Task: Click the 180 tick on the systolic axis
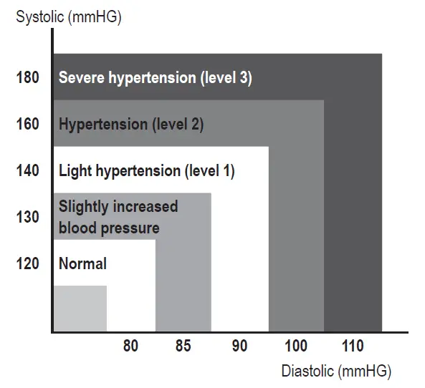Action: click(x=27, y=78)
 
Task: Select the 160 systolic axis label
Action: click(x=27, y=125)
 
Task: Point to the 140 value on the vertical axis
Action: click(x=27, y=171)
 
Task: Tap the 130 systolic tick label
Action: click(x=27, y=217)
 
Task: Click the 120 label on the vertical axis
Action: click(x=27, y=263)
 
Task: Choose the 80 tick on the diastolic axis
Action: click(x=130, y=347)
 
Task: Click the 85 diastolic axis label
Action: click(x=183, y=347)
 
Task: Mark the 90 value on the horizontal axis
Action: click(x=239, y=347)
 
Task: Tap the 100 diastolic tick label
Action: click(x=296, y=347)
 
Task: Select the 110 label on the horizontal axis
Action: click(x=352, y=347)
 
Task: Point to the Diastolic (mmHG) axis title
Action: click(x=336, y=372)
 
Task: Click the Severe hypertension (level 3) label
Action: click(x=155, y=78)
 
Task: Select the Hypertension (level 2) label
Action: click(x=131, y=125)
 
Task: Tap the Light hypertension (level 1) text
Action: click(x=146, y=171)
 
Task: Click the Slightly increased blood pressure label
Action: click(x=118, y=218)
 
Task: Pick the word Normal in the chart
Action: click(x=82, y=263)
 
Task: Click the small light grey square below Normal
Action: click(x=80, y=309)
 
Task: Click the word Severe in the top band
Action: click(x=81, y=78)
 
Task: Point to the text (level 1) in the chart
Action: click(x=209, y=171)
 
